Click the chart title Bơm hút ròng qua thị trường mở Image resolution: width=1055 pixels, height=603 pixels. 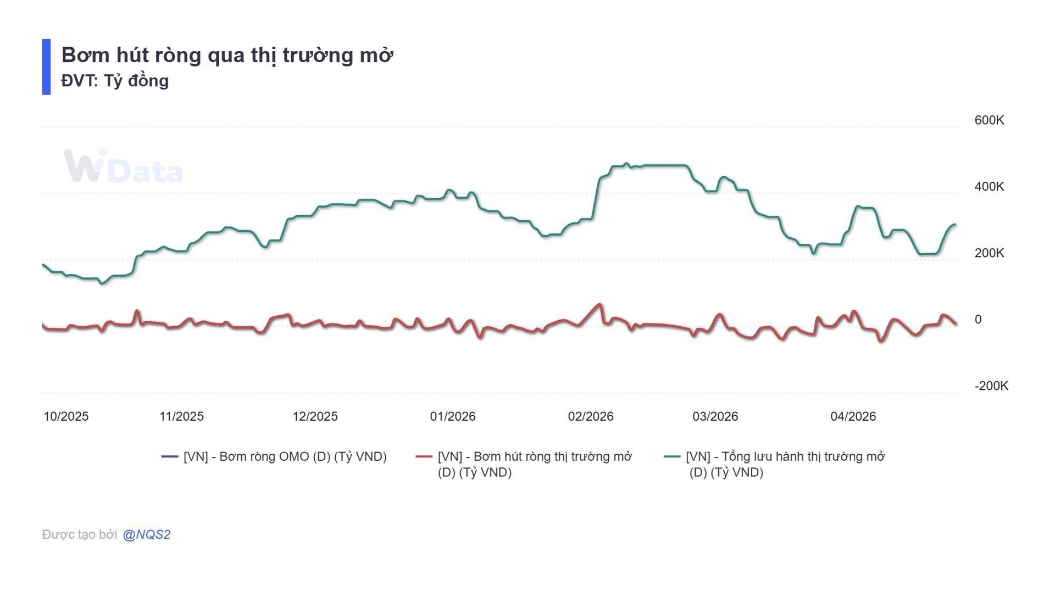click(x=227, y=55)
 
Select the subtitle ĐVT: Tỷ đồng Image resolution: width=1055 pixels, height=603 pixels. click(x=115, y=81)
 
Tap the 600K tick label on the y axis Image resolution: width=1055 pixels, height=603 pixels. click(x=989, y=120)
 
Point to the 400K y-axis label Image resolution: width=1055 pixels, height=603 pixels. click(x=989, y=187)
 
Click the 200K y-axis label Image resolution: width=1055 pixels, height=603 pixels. click(x=989, y=253)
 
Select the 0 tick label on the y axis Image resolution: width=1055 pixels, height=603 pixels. click(x=978, y=320)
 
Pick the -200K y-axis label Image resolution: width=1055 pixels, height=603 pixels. click(x=991, y=386)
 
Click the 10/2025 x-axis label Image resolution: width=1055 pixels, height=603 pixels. click(x=66, y=416)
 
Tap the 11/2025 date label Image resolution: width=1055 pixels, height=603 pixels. click(x=181, y=416)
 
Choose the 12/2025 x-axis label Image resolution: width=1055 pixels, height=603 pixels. click(x=315, y=416)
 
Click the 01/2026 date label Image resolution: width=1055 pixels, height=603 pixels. click(x=452, y=416)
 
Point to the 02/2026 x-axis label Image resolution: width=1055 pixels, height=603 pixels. click(x=590, y=416)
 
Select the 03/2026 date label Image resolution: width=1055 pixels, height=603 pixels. click(x=715, y=416)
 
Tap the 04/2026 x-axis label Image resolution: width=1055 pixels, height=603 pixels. click(x=853, y=416)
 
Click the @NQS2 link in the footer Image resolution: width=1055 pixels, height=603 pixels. click(x=146, y=534)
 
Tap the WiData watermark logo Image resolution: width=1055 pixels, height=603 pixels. click(x=123, y=166)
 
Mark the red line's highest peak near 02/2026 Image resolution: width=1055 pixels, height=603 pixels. click(x=599, y=304)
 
